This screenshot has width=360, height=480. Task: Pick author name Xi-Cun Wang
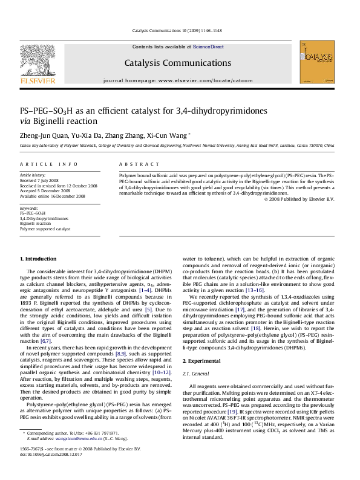coord(171,135)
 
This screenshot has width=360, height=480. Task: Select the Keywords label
coord(28,207)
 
